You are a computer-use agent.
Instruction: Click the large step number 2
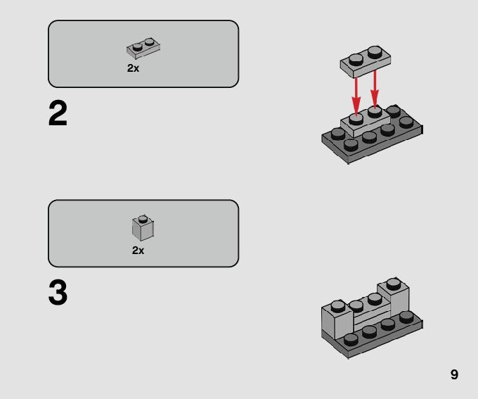[58, 113]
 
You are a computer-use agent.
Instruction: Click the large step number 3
[58, 292]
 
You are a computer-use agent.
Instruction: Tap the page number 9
[454, 374]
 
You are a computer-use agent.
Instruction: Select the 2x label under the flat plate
[133, 68]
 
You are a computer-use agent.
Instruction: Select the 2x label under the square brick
[138, 251]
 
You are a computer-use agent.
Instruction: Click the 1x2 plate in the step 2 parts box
[143, 49]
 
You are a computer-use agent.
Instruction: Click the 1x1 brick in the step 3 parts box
[143, 228]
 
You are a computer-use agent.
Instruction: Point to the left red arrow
[356, 96]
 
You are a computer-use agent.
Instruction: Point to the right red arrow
[375, 89]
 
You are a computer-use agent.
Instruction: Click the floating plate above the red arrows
[366, 62]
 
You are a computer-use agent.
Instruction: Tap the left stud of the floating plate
[356, 59]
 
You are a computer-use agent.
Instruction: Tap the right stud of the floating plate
[375, 51]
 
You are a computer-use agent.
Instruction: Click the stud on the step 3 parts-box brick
[143, 219]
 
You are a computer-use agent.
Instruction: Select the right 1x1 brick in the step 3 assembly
[393, 297]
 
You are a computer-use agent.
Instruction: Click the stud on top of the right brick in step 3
[394, 284]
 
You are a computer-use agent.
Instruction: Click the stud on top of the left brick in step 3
[338, 306]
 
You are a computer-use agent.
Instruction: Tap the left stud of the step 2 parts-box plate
[138, 47]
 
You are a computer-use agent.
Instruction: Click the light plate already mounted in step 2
[366, 122]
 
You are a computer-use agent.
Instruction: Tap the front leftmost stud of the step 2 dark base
[351, 145]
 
